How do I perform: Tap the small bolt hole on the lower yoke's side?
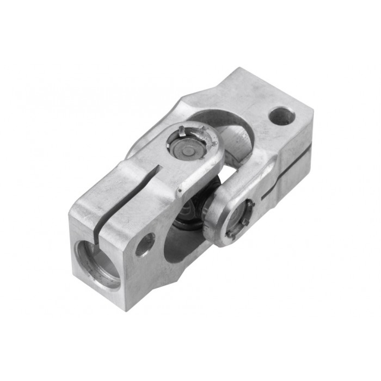click(x=145, y=244)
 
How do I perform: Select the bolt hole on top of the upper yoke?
click(x=282, y=115)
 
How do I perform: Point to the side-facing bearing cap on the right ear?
click(x=238, y=217)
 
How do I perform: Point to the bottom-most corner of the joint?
click(x=131, y=310)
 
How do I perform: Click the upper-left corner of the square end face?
click(x=70, y=216)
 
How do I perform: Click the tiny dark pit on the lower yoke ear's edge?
click(x=179, y=191)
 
